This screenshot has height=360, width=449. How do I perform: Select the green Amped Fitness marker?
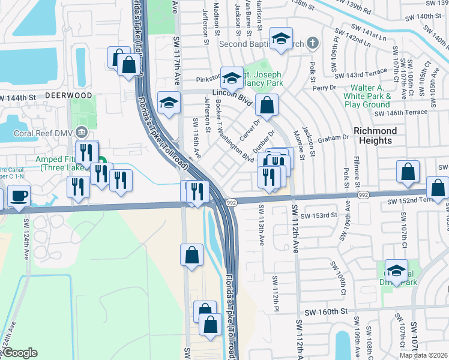102,161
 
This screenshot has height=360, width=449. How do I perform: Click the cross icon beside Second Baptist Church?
312,43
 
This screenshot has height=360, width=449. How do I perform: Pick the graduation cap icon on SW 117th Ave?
169,103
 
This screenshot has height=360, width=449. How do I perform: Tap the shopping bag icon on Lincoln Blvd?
267,105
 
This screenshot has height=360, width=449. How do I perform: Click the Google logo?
20,353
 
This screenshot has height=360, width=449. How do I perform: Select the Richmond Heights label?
375,136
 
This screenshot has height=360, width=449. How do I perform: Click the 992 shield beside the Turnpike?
232,203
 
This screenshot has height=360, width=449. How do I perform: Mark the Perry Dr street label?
341,88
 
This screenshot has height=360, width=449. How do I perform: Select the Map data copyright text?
423,355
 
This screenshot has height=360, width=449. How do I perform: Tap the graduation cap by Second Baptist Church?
280,38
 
